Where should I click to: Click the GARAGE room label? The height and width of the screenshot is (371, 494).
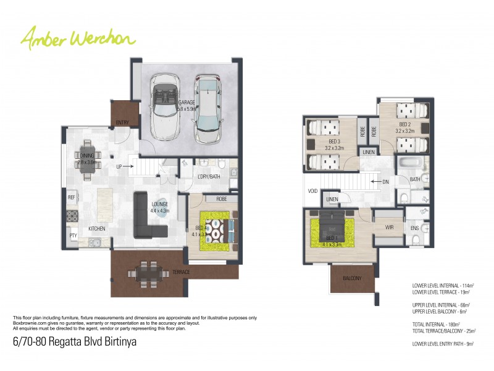coord(186,103)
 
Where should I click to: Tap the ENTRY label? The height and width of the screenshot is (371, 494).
coord(123,122)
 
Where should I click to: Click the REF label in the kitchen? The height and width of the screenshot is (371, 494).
coord(72,198)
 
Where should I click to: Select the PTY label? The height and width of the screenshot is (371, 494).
coord(72,236)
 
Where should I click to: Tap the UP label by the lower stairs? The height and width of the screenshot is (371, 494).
coord(119,166)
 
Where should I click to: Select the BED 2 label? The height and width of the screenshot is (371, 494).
coord(404,126)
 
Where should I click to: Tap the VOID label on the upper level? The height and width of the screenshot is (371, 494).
coord(313,191)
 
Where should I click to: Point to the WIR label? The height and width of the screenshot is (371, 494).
coord(388,228)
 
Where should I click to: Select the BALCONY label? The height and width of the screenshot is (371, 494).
coord(352,278)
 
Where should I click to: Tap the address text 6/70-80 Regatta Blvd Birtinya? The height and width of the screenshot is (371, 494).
coord(74,341)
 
